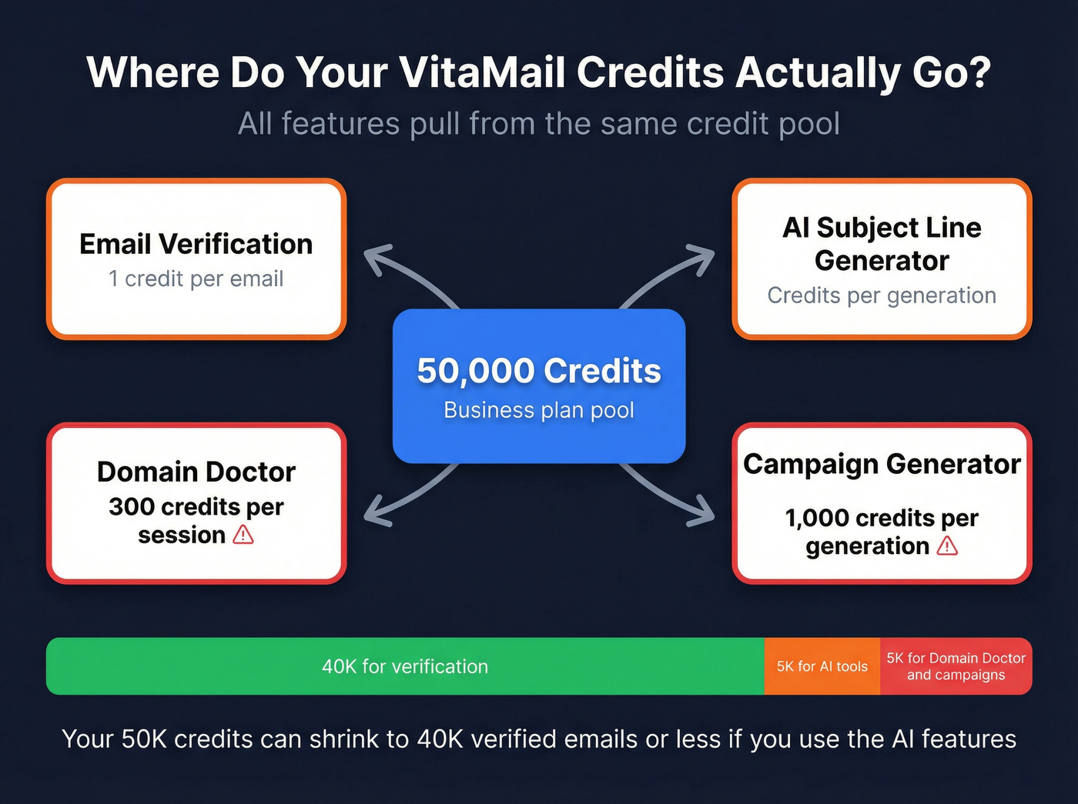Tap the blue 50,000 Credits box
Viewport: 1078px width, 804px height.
[x=539, y=385]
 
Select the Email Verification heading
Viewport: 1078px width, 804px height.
[x=196, y=244]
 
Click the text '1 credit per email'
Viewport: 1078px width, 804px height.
[x=196, y=279]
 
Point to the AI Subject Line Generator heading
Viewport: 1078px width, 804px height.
[x=882, y=244]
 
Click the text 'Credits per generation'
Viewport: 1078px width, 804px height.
[x=882, y=295]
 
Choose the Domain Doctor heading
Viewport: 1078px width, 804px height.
[x=196, y=472]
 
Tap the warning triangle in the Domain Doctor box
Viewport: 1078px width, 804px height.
[x=243, y=534]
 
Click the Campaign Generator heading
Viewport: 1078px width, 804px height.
[x=882, y=464]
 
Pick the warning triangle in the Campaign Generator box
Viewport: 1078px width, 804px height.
[x=947, y=545]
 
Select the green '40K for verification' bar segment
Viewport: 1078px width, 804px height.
[x=405, y=666]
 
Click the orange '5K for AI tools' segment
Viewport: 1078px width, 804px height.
[x=822, y=666]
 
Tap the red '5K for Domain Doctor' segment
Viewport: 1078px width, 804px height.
[x=956, y=666]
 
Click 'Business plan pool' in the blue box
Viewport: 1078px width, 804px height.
[x=539, y=410]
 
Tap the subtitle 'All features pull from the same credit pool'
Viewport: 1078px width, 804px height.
[x=539, y=124]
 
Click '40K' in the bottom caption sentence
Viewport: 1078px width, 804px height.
[x=440, y=739]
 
